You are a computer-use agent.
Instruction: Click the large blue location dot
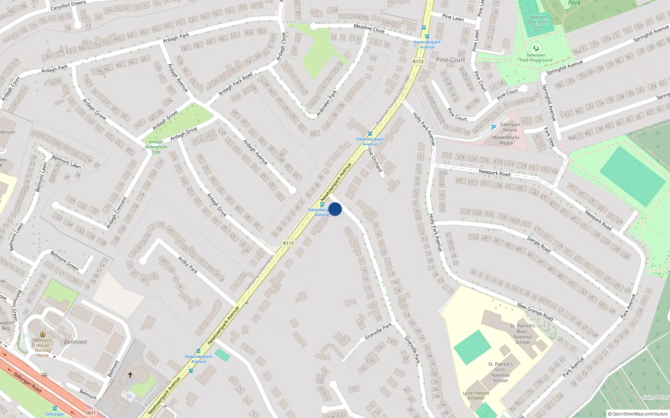(x=335, y=209)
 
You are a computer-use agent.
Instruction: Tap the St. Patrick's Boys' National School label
(x=522, y=334)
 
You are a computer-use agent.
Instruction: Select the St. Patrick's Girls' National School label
(x=500, y=372)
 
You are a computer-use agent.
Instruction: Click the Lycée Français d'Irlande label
(x=476, y=395)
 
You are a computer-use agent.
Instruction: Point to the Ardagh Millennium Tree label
(x=156, y=147)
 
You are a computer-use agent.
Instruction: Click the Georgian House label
(x=510, y=127)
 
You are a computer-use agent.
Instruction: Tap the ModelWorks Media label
(x=506, y=140)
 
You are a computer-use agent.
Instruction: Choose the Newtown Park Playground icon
(x=536, y=48)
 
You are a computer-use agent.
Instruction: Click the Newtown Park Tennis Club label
(x=538, y=22)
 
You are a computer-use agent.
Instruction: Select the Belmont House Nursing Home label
(x=43, y=348)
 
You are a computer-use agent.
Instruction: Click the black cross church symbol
(x=130, y=375)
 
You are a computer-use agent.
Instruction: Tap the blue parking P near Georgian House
(x=494, y=127)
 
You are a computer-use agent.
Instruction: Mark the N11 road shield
(x=91, y=413)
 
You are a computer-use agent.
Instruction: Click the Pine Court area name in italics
(x=451, y=60)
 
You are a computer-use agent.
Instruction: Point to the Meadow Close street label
(x=369, y=28)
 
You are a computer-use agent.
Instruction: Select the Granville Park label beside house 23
(x=378, y=331)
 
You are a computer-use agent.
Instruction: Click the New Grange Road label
(x=535, y=312)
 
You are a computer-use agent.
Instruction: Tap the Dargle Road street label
(x=539, y=245)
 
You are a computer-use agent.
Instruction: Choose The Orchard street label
(x=375, y=160)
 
